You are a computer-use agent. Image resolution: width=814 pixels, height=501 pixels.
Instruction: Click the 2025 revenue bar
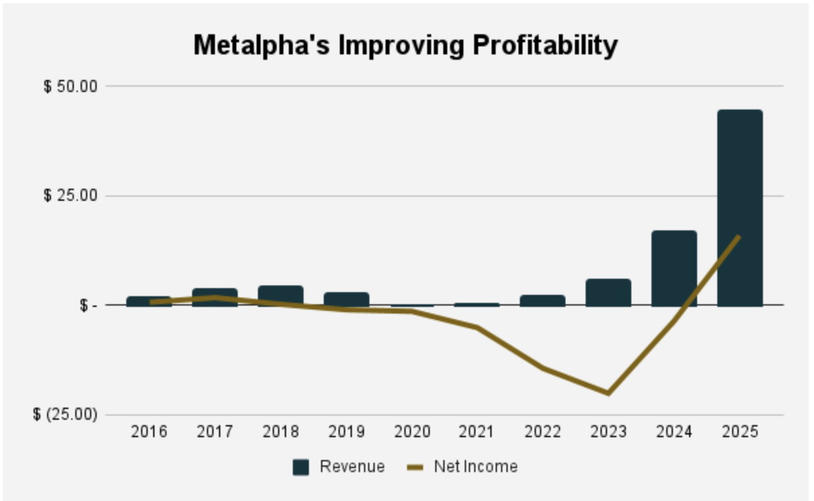[x=739, y=208]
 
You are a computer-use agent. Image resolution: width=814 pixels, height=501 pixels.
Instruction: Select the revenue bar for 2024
[x=674, y=268]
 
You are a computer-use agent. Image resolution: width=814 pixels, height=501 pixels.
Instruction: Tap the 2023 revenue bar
[x=608, y=293]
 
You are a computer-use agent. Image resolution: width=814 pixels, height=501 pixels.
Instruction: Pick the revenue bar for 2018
[x=280, y=295]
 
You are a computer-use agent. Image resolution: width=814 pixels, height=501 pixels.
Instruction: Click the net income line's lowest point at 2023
[x=608, y=393]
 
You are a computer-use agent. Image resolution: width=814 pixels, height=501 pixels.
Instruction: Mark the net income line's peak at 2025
[x=739, y=236]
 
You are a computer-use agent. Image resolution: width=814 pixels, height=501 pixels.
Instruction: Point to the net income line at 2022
[x=543, y=368]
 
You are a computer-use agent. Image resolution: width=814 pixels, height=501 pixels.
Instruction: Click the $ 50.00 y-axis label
[x=71, y=87]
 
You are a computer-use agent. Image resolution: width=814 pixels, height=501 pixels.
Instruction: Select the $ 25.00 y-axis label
[x=71, y=196]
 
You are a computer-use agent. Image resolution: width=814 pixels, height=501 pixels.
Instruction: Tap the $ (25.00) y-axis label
[x=66, y=415]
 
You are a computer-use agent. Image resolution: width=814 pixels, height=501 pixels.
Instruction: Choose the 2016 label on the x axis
[x=150, y=432]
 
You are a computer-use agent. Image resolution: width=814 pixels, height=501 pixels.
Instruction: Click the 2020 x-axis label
[x=412, y=432]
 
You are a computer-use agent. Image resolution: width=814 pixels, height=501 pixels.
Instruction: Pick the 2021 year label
[x=478, y=432]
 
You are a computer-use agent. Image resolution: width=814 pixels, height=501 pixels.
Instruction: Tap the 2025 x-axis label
[x=739, y=432]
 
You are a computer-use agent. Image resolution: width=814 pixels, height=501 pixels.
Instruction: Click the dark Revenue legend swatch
[x=301, y=467]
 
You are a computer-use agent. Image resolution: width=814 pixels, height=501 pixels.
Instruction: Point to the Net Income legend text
[x=476, y=466]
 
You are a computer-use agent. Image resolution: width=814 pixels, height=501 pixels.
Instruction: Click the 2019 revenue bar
[x=346, y=300]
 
